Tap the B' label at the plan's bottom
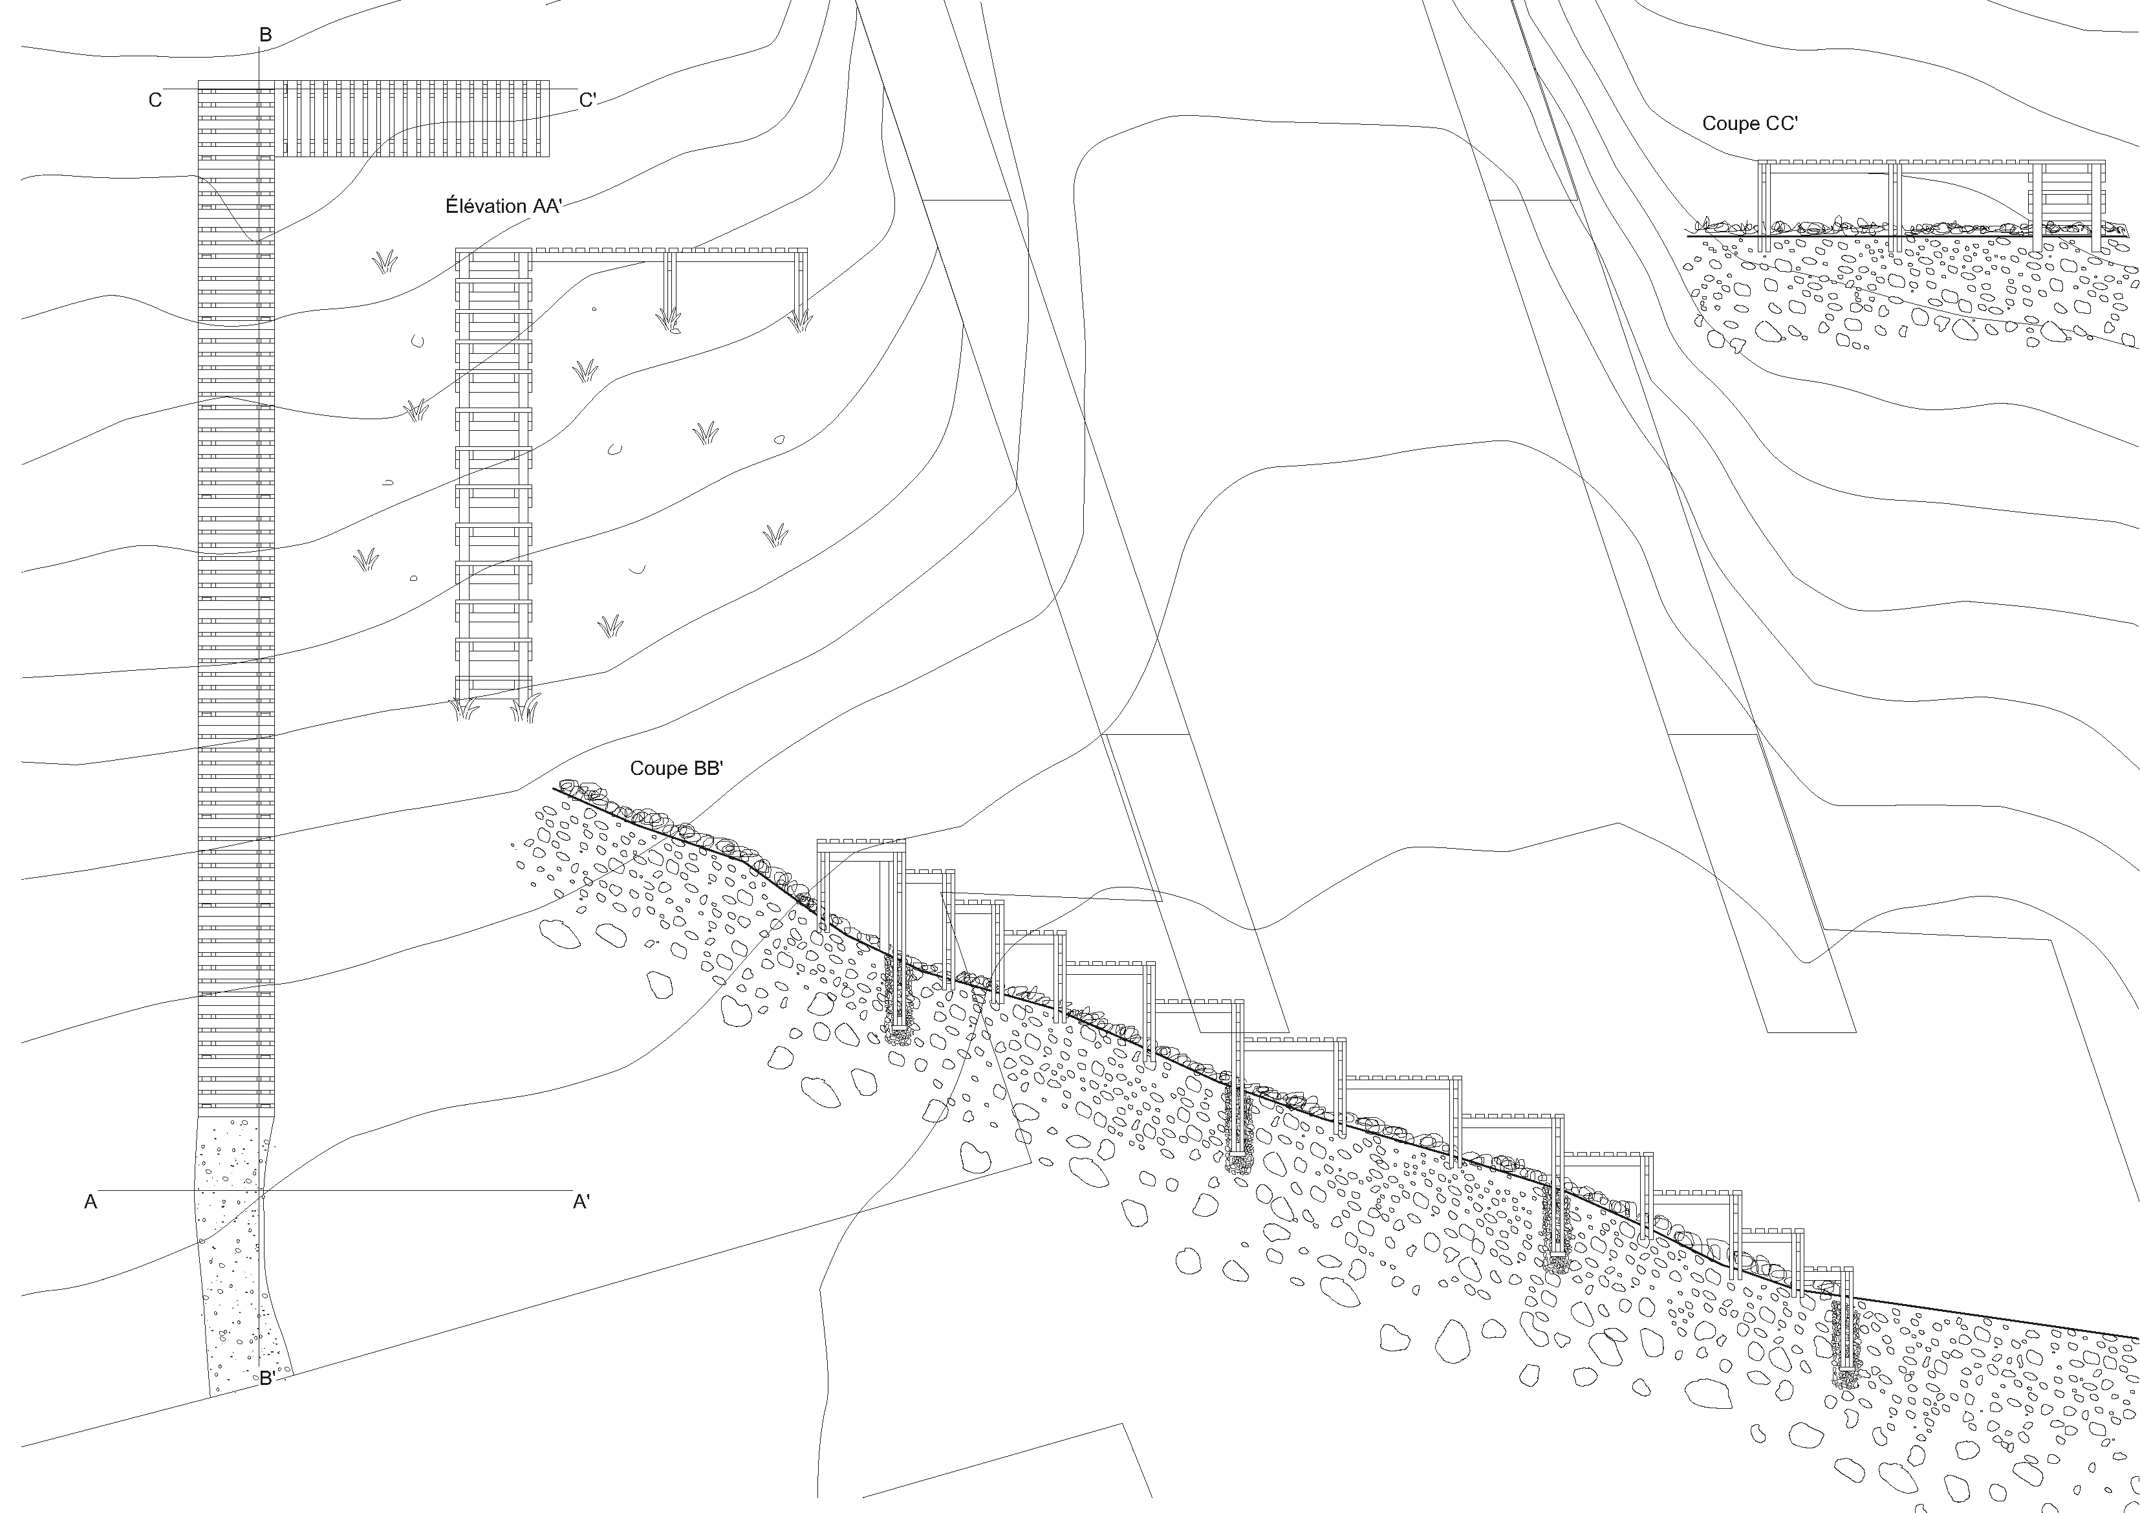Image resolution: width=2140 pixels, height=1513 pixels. point(266,1378)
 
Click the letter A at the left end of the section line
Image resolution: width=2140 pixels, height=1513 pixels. point(91,1203)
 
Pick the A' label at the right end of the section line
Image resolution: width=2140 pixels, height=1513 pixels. point(581,1203)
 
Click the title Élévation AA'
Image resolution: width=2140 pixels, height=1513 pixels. point(503,206)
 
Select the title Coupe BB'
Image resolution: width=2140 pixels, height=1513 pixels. point(676,768)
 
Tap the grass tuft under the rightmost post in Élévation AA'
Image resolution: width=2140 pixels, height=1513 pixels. point(799,321)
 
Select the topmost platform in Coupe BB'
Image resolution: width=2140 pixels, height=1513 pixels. point(861,845)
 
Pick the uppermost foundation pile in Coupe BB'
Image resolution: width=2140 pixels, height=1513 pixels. point(898,997)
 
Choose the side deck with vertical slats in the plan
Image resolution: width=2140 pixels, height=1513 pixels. point(415,118)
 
